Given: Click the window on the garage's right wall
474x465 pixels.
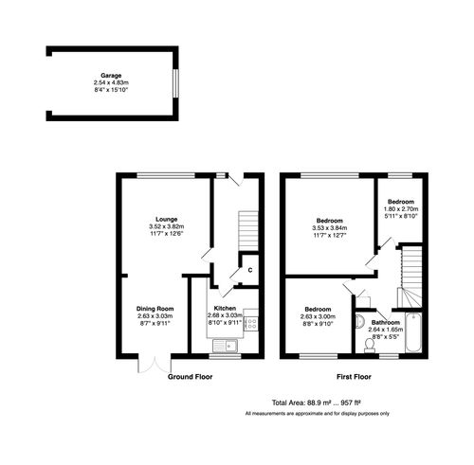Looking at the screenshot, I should pyautogui.click(x=173, y=80).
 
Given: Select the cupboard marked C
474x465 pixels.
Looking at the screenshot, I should pyautogui.click(x=248, y=269).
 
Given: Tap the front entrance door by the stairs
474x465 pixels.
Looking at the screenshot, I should pyautogui.click(x=231, y=182).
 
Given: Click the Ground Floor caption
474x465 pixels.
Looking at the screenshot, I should pyautogui.click(x=190, y=376).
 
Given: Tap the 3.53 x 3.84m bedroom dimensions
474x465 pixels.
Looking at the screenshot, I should pyautogui.click(x=330, y=228).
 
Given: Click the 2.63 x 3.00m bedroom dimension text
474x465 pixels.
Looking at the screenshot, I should pyautogui.click(x=317, y=318).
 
